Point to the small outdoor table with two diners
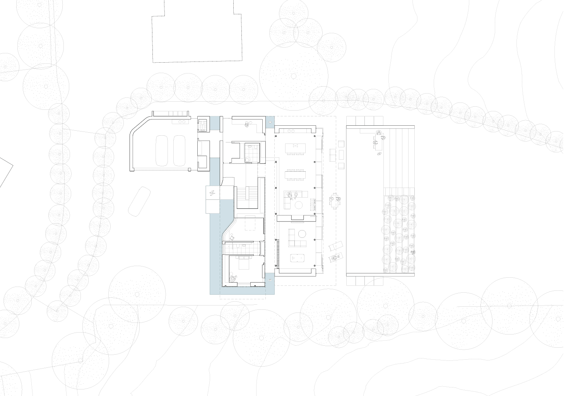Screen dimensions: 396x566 coord(334,201)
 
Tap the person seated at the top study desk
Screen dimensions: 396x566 coord(246,123)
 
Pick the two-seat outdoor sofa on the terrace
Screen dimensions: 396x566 coord(332,155)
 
